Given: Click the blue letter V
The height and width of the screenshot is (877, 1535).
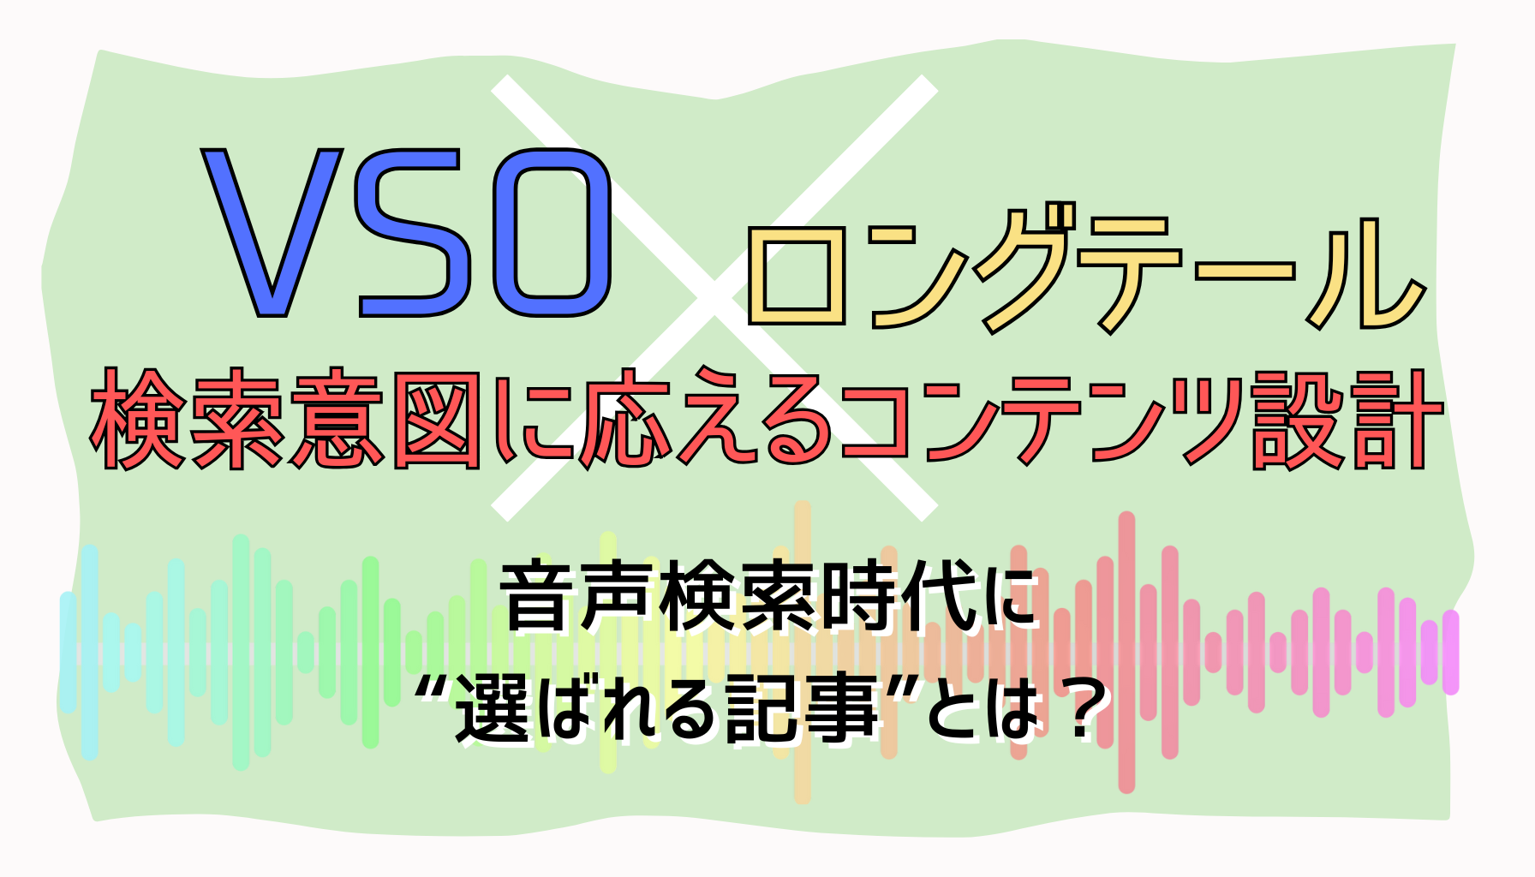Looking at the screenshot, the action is [x=272, y=233].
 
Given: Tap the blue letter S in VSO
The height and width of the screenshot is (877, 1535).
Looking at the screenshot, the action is [x=414, y=233].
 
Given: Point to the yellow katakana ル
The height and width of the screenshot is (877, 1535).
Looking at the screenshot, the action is [x=1362, y=272].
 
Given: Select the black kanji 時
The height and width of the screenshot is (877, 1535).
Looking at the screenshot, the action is [x=858, y=596].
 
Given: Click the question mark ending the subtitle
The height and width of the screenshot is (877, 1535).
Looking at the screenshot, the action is [x=1074, y=707].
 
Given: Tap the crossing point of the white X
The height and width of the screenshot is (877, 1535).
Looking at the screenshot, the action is [x=714, y=297].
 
